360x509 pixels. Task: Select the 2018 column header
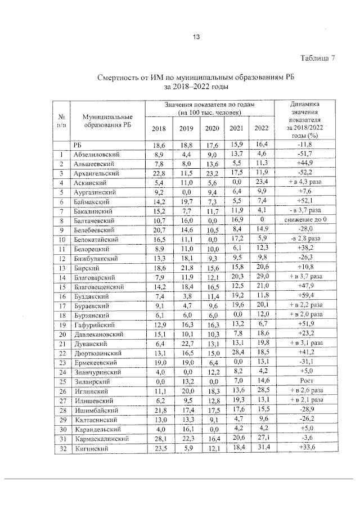pyautogui.click(x=159, y=129)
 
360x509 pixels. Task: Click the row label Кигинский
pyautogui.click(x=91, y=448)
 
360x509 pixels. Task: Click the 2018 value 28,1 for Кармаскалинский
pyautogui.click(x=159, y=439)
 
